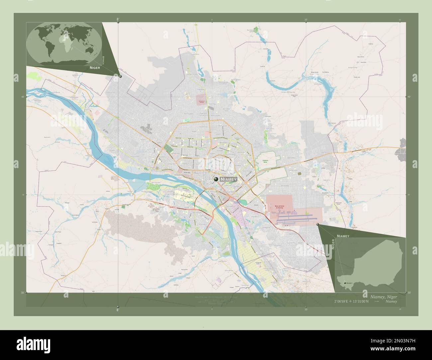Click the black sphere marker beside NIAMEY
pos(216,179)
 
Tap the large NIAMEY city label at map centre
pos(229,179)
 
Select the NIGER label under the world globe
pos(94,67)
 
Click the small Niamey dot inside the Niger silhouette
pos(344,283)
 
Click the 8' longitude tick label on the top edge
pos(118,20)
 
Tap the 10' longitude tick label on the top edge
pos(306,20)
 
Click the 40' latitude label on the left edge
pos(23,97)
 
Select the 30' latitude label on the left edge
pos(23,293)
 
